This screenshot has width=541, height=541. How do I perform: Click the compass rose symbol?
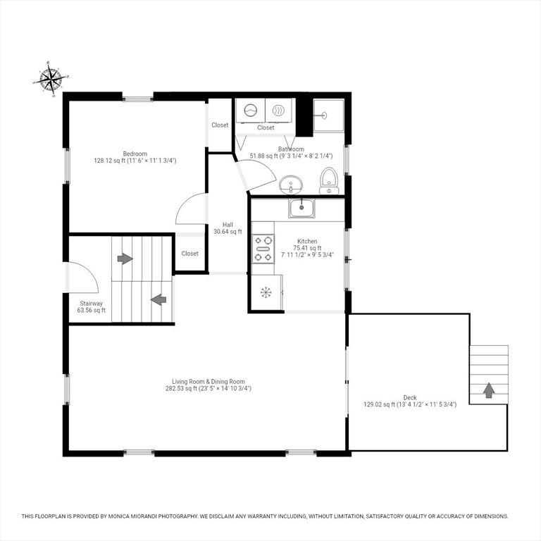tap(51, 80)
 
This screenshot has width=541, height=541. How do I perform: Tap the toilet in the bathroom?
tap(329, 181)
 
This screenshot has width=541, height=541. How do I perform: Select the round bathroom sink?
tap(290, 185)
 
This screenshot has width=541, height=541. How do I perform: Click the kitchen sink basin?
tap(301, 208)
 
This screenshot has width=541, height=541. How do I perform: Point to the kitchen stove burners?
tap(263, 249)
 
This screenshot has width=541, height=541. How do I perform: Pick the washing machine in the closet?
tap(251, 111)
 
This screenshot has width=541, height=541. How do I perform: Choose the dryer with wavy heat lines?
tap(278, 111)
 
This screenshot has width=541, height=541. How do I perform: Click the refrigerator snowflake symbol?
tap(266, 292)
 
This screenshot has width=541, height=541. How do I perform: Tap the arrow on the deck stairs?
tap(489, 390)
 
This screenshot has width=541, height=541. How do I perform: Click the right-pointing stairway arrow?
tap(125, 259)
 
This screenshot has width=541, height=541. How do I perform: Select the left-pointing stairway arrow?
tap(158, 299)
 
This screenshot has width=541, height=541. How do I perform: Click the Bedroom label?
tap(135, 154)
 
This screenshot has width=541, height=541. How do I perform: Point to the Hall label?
tap(228, 225)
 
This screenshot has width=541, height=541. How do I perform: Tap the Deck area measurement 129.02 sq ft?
tap(379, 404)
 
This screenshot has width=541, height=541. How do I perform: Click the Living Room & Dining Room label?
tap(209, 382)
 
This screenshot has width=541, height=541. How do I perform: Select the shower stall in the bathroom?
tap(329, 116)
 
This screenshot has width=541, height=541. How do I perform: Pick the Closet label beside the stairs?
tap(189, 254)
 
